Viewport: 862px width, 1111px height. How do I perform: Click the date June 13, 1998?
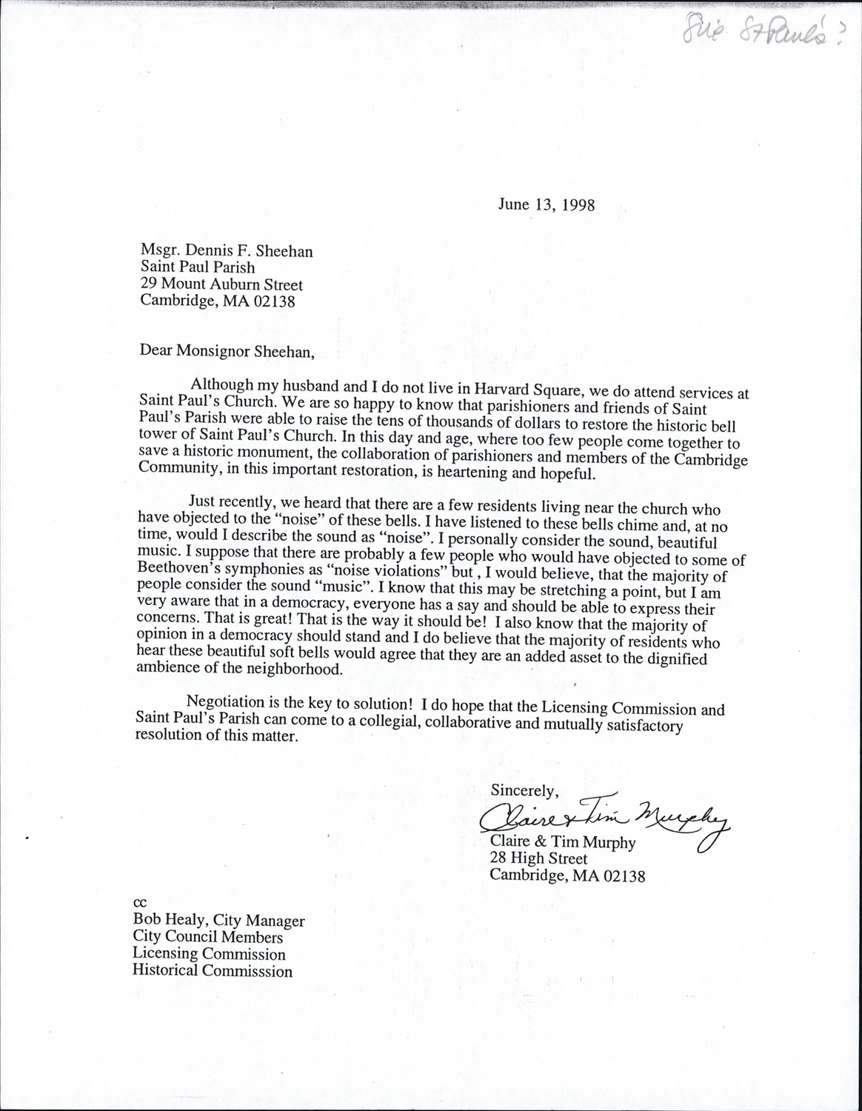coord(546,204)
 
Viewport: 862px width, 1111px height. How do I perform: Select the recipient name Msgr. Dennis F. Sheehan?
coord(227,251)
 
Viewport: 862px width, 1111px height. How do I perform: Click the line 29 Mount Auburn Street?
coord(221,284)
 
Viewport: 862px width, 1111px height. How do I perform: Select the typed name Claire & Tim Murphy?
coord(562,841)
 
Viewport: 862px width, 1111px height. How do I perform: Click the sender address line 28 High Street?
coord(538,858)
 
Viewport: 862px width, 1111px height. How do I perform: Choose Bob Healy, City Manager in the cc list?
coord(218,921)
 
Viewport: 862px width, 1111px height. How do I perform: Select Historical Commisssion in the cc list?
coord(213,971)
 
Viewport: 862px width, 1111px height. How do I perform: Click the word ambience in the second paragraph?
coord(170,667)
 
